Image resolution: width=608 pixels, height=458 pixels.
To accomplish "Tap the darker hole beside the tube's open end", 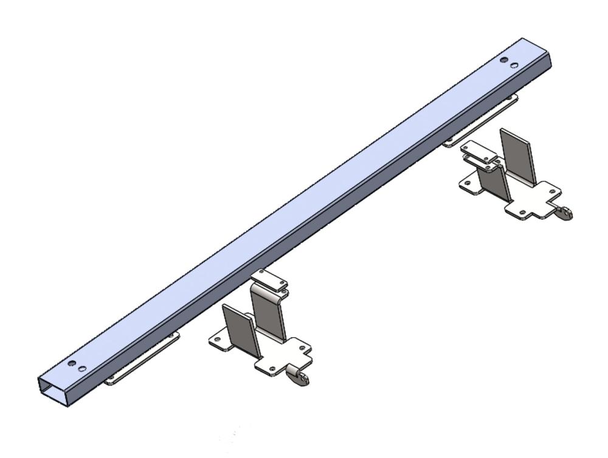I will click(72, 363).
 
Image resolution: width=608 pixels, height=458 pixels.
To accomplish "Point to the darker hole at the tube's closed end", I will click(504, 60).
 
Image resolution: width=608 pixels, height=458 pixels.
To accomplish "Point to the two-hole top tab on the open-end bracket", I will click(269, 279).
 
